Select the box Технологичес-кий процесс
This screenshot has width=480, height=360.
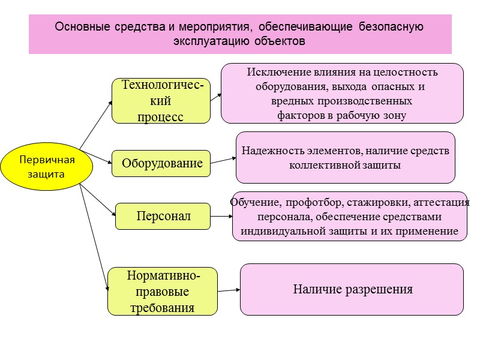[x=161, y=101]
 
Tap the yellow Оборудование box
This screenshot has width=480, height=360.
[x=161, y=163]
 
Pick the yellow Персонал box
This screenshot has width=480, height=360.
[x=163, y=216]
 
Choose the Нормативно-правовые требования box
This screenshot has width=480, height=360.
[x=162, y=292]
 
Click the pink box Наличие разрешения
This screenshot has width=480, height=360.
[x=352, y=289]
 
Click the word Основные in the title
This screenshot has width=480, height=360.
[x=77, y=27]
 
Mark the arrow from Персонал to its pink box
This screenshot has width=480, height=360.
[x=221, y=218]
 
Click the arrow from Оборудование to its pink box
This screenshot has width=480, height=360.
[x=223, y=160]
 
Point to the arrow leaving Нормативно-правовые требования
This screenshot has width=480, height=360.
[x=229, y=290]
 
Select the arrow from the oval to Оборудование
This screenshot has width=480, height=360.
[x=96, y=157]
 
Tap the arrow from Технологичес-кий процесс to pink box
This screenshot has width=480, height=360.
[x=216, y=97]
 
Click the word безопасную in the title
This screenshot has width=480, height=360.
[x=391, y=27]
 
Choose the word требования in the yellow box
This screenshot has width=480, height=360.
[x=162, y=308]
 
